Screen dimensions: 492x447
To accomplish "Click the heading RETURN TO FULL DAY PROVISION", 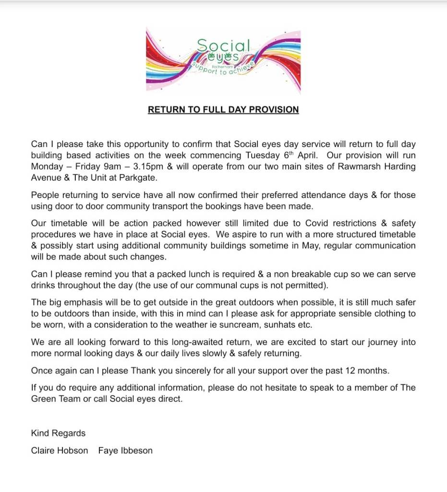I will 223,110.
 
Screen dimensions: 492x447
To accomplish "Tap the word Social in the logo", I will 224,46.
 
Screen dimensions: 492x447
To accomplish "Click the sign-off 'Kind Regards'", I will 58,433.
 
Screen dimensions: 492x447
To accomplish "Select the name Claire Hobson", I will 60,451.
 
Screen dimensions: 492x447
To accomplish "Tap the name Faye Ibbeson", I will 125,451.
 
